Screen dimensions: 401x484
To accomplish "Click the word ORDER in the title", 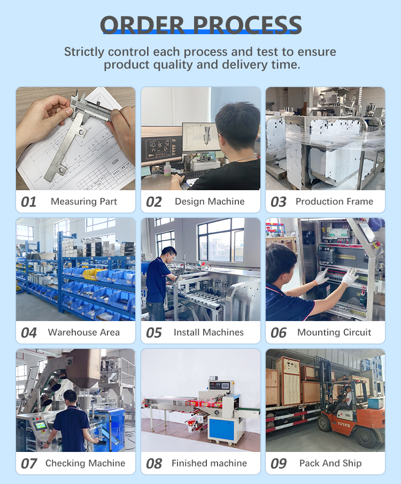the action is click(142, 25).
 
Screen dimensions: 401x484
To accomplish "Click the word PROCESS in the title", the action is click(248, 25).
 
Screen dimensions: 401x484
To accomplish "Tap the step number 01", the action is click(28, 202).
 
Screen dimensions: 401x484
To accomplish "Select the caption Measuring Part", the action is click(84, 201).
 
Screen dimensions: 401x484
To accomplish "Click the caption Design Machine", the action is click(210, 201).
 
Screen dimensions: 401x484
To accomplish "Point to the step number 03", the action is click(279, 202).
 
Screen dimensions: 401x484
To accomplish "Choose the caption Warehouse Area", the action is click(84, 332).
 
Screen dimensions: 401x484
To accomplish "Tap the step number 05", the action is click(154, 333).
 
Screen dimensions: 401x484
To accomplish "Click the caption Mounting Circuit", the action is click(334, 332).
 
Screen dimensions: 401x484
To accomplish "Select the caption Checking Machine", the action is click(85, 463).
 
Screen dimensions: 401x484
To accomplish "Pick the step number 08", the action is click(154, 464).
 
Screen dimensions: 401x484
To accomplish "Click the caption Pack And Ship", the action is click(330, 463).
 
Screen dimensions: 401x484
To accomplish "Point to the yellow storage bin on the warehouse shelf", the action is click(92, 274).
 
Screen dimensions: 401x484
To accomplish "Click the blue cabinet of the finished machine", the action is click(221, 427).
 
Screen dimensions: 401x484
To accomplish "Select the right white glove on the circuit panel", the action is click(350, 276).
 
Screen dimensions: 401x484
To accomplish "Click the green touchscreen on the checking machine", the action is click(40, 426).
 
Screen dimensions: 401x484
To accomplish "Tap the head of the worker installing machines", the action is click(169, 254).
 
